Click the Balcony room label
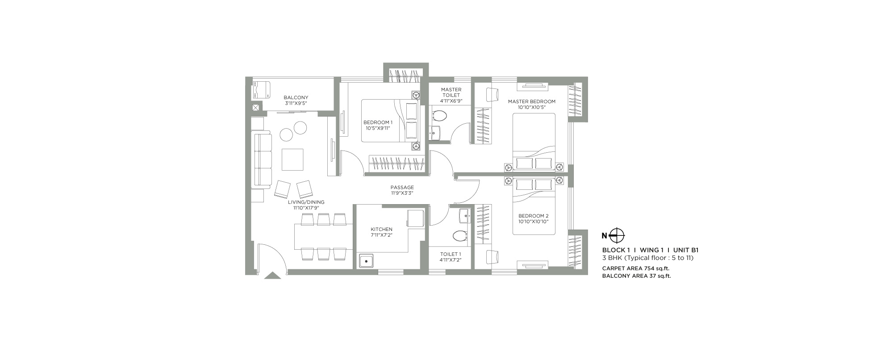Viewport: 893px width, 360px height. (296, 97)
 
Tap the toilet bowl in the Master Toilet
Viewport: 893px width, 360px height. (439, 117)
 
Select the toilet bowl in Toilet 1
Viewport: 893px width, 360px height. (459, 235)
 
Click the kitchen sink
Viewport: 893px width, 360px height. (367, 260)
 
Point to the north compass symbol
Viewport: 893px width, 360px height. (617, 235)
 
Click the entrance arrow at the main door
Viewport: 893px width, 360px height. (273, 276)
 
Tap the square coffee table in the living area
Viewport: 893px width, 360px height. (292, 159)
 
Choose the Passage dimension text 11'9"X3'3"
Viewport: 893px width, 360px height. (402, 193)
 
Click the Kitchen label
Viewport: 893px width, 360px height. (381, 229)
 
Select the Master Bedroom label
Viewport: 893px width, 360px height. (532, 101)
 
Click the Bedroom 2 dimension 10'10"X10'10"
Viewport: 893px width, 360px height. (533, 222)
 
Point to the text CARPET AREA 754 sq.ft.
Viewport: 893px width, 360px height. (636, 268)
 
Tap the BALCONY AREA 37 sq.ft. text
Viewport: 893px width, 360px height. (637, 276)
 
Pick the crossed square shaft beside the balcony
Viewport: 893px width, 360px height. (256, 108)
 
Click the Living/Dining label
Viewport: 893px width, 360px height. (306, 202)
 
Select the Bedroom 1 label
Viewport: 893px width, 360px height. (378, 122)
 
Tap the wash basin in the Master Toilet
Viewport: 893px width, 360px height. (435, 133)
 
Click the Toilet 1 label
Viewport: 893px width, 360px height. (450, 254)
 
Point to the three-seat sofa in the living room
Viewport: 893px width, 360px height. (263, 159)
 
